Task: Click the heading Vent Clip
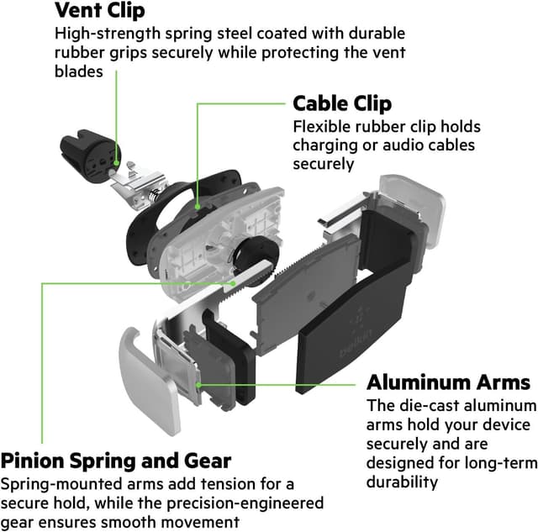(x=99, y=11)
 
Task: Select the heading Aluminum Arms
(x=448, y=382)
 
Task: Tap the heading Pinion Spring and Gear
(x=116, y=461)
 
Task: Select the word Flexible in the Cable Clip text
(x=319, y=127)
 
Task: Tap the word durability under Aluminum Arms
(x=402, y=482)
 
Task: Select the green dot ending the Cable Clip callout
(x=198, y=203)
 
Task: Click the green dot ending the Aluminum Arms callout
(x=198, y=383)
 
